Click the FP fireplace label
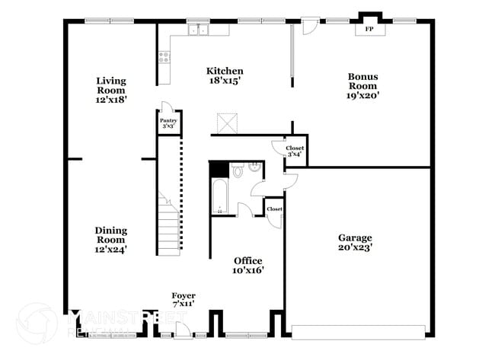pyautogui.click(x=369, y=29)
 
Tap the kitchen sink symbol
pyautogui.click(x=200, y=30)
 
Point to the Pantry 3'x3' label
pyautogui.click(x=168, y=123)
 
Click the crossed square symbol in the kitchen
pyautogui.click(x=227, y=123)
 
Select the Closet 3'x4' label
pyautogui.click(x=295, y=151)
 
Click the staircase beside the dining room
pyautogui.click(x=168, y=225)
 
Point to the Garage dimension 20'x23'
pyautogui.click(x=355, y=247)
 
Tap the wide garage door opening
pyautogui.click(x=359, y=332)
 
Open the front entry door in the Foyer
pyautogui.click(x=182, y=330)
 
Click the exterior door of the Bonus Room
pyautogui.click(x=308, y=26)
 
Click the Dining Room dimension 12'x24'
pyautogui.click(x=111, y=248)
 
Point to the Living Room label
pyautogui.click(x=111, y=85)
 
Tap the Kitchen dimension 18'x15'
pyautogui.click(x=225, y=81)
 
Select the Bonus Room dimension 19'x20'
pyautogui.click(x=363, y=95)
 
